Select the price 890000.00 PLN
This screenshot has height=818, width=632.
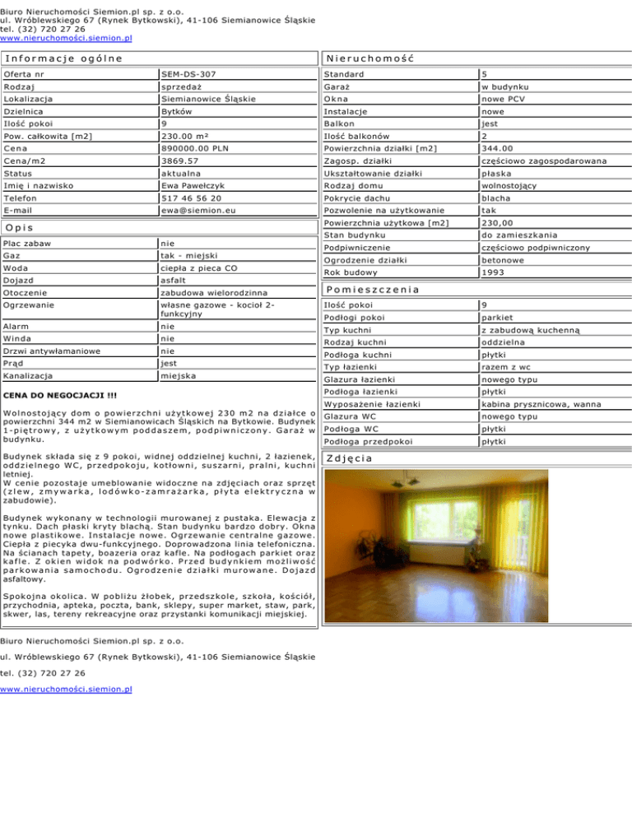point(198,148)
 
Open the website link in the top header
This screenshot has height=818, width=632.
point(67,38)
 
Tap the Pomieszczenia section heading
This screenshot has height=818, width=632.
point(373,290)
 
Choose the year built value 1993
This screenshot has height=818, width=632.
point(496,272)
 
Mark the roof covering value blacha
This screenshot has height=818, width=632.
point(500,198)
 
